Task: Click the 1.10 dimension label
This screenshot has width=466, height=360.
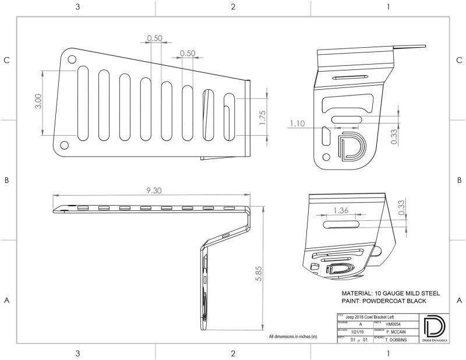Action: (297, 123)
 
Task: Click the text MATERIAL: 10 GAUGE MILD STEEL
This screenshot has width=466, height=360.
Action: (386, 292)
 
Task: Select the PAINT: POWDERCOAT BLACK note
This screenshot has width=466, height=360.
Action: (384, 301)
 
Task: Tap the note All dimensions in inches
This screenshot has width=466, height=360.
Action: (293, 337)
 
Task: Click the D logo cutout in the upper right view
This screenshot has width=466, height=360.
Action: (350, 146)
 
